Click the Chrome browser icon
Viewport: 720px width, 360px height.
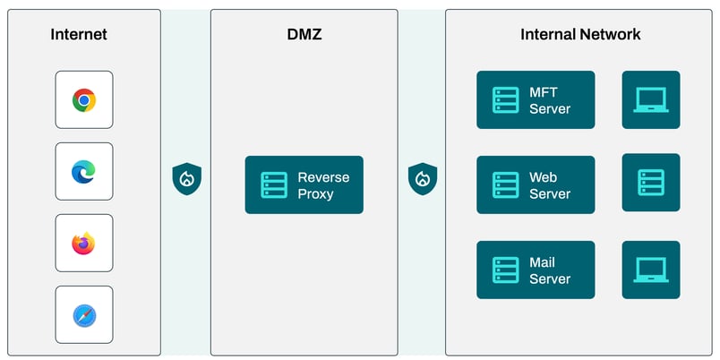pyautogui.click(x=84, y=100)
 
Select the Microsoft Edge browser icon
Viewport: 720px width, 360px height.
pyautogui.click(x=84, y=171)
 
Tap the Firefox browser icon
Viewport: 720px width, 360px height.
pyautogui.click(x=84, y=243)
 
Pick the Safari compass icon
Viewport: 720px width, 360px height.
pyautogui.click(x=84, y=314)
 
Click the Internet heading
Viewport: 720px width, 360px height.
pyautogui.click(x=79, y=35)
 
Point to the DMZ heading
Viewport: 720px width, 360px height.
pyautogui.click(x=304, y=35)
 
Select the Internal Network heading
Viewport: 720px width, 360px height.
pyautogui.click(x=580, y=35)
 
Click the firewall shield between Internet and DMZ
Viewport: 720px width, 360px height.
pyautogui.click(x=186, y=178)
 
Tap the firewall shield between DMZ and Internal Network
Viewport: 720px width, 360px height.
pyautogui.click(x=422, y=178)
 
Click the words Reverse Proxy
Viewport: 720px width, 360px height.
pyautogui.click(x=323, y=185)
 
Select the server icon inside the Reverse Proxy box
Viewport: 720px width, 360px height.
pyautogui.click(x=274, y=185)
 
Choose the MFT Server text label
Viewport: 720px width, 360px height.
pyautogui.click(x=550, y=100)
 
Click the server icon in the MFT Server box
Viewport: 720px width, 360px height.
pyautogui.click(x=506, y=100)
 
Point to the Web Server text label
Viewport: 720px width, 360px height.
pyautogui.click(x=550, y=185)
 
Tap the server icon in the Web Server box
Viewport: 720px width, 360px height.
pyautogui.click(x=506, y=185)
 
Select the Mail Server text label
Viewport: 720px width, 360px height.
pyautogui.click(x=550, y=270)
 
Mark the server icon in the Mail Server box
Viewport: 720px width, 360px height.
pyautogui.click(x=506, y=270)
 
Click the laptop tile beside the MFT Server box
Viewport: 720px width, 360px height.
pyautogui.click(x=651, y=100)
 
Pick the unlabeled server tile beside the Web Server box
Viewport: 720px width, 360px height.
pyautogui.click(x=651, y=183)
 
